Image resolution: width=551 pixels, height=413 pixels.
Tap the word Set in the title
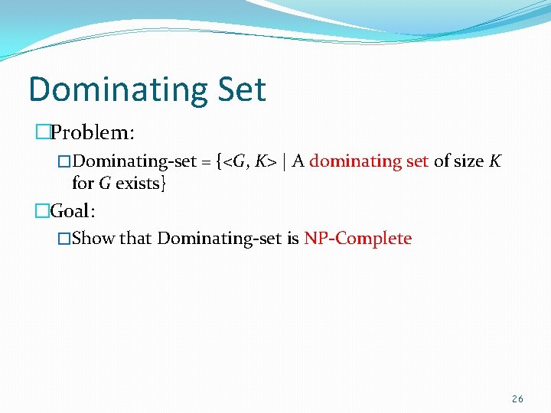pos(240,89)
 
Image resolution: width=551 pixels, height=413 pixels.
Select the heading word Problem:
pos(93,132)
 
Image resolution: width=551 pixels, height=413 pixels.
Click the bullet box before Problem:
pos(42,132)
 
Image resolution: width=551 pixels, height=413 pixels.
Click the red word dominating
pos(348,161)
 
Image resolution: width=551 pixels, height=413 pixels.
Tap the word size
pos(468,161)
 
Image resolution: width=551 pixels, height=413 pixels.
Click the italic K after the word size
pos(495,161)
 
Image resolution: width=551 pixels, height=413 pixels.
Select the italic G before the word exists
pos(105,184)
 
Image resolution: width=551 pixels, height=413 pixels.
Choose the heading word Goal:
pos(75,210)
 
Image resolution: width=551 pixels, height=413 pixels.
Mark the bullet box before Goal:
pos(42,210)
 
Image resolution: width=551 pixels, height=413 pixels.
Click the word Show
pos(93,239)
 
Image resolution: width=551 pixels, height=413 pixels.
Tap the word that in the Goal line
pos(135,239)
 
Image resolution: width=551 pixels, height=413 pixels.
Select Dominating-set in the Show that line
pos(220,239)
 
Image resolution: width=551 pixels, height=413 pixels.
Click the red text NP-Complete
pos(357,239)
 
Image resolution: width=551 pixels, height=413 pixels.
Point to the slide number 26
pos(517,398)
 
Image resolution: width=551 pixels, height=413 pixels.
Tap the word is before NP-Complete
pos(293,239)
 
